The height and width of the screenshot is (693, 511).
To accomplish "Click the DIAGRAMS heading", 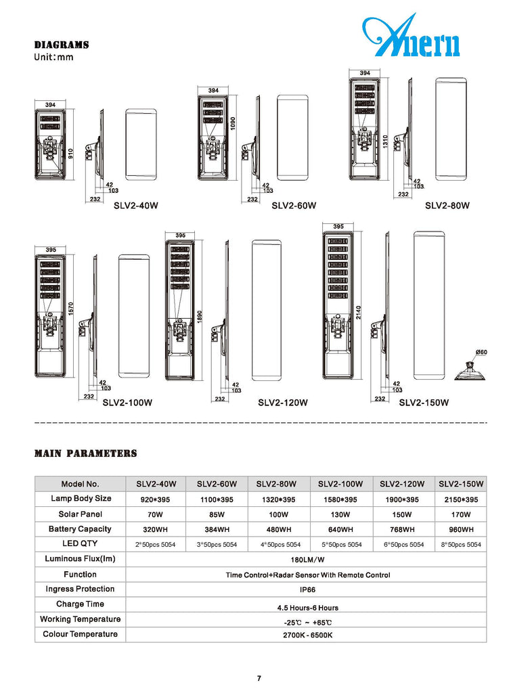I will point(62,45).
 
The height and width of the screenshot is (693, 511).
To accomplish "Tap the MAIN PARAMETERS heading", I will point(86,453).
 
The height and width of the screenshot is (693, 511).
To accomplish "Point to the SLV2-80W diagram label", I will point(447,205).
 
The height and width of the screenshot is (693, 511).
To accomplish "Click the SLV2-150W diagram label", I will point(424,403).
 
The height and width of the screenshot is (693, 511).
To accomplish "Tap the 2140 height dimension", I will point(359,312).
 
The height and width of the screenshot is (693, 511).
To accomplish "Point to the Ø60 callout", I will point(482,352).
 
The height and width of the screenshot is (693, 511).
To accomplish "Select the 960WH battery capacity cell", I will point(460,529).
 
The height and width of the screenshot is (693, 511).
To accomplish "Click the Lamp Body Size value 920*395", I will point(156,499).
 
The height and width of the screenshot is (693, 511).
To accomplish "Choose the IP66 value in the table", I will point(308,590).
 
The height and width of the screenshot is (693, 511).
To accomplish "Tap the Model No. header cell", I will point(80,484).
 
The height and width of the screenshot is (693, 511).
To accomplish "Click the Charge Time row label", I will point(80,604).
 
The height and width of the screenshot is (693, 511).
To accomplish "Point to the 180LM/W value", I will point(308,560).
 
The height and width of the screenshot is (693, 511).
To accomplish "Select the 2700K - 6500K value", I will point(308,635).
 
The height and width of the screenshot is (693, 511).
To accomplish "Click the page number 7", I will point(259,678).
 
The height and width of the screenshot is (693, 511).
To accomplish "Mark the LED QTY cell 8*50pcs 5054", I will point(460,545).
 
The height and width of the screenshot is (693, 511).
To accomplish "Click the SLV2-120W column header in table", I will point(402,484).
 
